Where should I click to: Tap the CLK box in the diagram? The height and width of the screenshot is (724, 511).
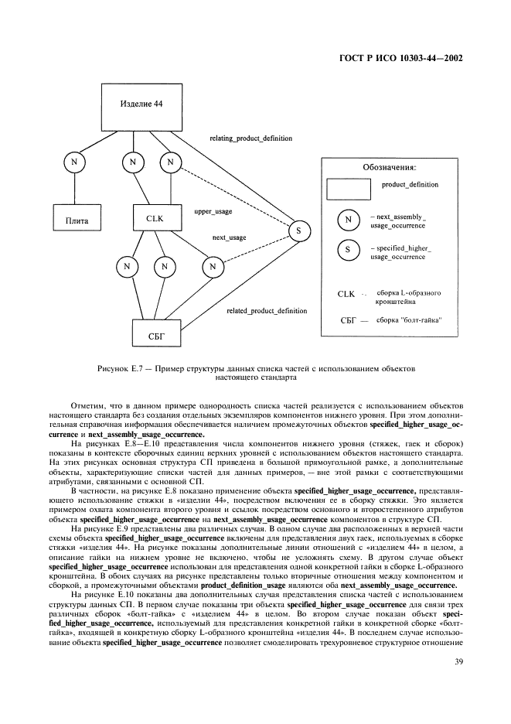(x=155, y=220)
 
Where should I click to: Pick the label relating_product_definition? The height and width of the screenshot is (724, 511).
(x=251, y=138)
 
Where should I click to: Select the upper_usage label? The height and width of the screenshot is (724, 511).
(x=213, y=210)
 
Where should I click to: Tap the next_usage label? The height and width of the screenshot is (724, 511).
(x=230, y=237)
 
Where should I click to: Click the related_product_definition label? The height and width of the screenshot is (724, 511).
(x=267, y=311)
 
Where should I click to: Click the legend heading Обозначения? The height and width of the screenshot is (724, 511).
(x=390, y=167)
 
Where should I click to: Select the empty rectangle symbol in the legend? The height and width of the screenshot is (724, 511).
(x=348, y=190)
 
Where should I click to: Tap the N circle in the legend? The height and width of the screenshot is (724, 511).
(x=349, y=221)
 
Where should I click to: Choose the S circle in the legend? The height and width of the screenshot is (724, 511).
(x=349, y=250)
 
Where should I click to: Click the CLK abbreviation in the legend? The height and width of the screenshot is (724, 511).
(x=346, y=295)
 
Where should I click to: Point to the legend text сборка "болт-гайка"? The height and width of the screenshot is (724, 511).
(x=410, y=320)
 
